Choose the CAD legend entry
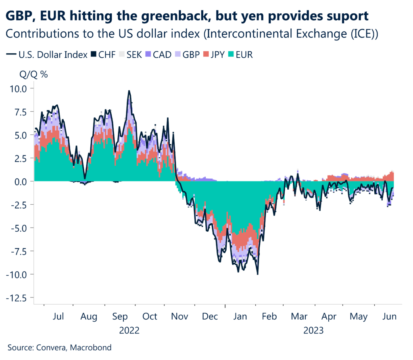[157, 54]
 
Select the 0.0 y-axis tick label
[19, 182]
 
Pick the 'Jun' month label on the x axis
[390, 316]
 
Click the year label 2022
[129, 331]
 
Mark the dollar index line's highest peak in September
[129, 91]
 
